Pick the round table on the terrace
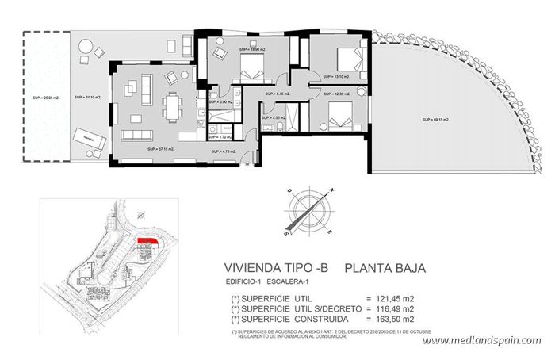pos(86,59)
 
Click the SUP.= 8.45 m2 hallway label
pos(277,94)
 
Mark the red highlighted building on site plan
pos(147,242)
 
